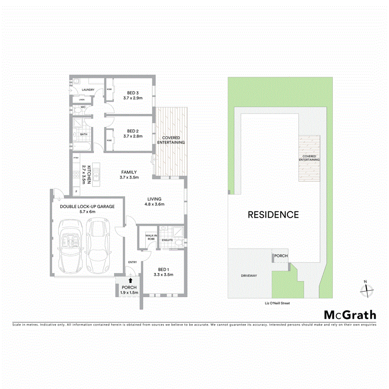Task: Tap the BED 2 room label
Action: [x=133, y=130]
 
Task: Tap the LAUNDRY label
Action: [x=88, y=90]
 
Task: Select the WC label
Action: [x=83, y=107]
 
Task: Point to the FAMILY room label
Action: [x=129, y=172]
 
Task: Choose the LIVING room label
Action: [x=154, y=199]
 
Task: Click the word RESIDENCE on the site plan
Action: [x=273, y=215]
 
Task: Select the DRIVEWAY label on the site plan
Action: [x=249, y=276]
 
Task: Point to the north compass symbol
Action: [x=366, y=289]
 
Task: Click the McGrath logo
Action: [x=350, y=315]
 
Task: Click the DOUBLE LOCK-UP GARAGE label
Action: [x=87, y=206]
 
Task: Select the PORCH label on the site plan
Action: [x=280, y=256]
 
